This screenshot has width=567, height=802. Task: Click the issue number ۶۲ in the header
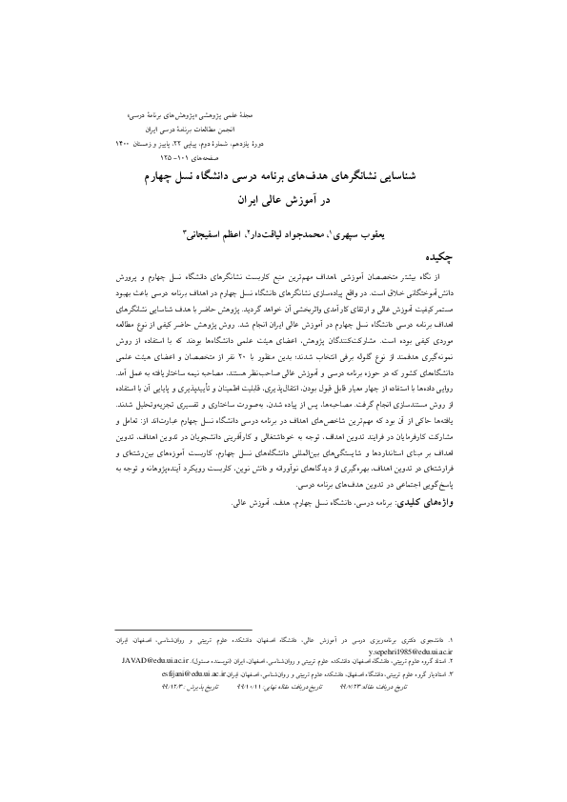click(x=263, y=140)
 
